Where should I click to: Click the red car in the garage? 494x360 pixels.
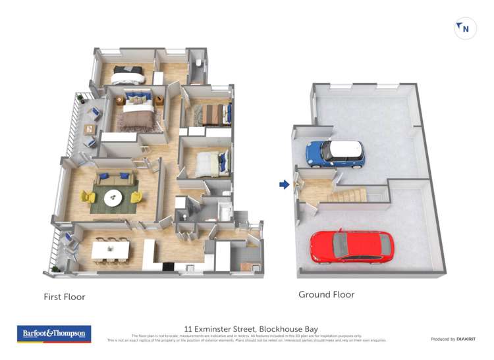pyautogui.click(x=351, y=245)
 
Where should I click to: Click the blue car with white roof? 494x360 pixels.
pyautogui.click(x=335, y=153)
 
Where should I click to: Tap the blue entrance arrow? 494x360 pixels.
pyautogui.click(x=284, y=185)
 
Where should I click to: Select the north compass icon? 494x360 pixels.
pyautogui.click(x=465, y=28)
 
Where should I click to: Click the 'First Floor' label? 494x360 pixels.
pyautogui.click(x=65, y=297)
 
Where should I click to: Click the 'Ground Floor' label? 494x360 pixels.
pyautogui.click(x=326, y=294)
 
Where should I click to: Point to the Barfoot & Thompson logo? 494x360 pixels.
pyautogui.click(x=53, y=334)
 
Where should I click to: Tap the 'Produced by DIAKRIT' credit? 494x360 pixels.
pyautogui.click(x=454, y=339)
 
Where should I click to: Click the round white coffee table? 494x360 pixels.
pyautogui.click(x=113, y=196)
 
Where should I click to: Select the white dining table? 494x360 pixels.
pyautogui.click(x=111, y=249)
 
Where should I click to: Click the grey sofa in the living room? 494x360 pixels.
pyautogui.click(x=115, y=178)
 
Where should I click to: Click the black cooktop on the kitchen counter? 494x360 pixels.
pyautogui.click(x=167, y=266)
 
